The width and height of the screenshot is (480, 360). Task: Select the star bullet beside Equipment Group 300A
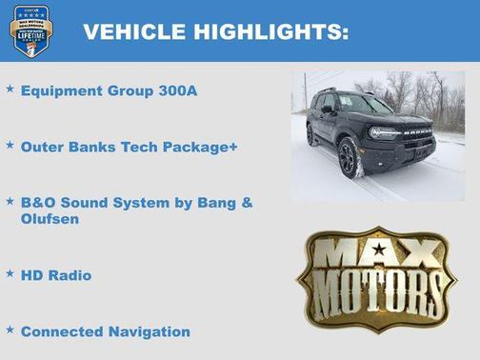click(10, 89)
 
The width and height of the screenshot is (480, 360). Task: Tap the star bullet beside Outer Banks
click(10, 145)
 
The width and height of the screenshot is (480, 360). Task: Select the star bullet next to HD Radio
click(10, 272)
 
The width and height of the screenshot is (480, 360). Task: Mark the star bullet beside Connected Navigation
click(10, 329)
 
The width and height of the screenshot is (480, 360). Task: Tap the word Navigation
click(147, 332)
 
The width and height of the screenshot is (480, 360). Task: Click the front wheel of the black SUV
click(350, 159)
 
